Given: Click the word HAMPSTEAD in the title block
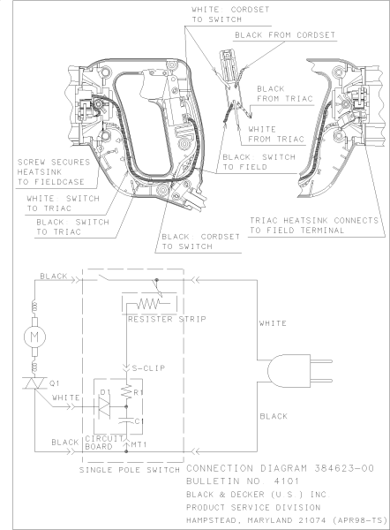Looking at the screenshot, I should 218,519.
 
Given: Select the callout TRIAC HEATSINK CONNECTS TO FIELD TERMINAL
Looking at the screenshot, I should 314,224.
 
